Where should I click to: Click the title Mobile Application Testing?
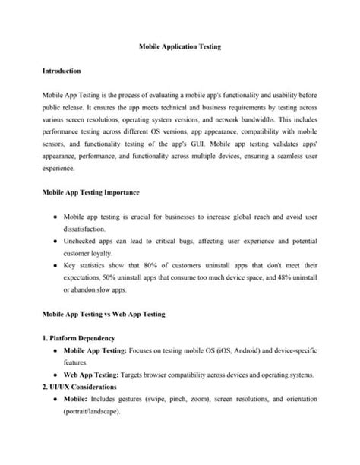[180, 46]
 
